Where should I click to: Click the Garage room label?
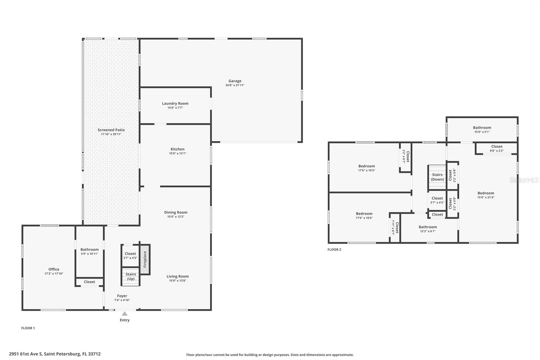tap(235, 81)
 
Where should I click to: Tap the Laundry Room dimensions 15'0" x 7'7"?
tap(175, 108)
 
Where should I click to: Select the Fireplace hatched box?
tap(145, 259)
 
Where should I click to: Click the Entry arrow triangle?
tap(125, 314)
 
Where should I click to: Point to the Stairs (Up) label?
tap(131, 276)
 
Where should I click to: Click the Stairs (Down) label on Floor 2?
tap(437, 177)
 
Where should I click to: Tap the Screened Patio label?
tap(111, 130)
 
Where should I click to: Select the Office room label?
tap(54, 269)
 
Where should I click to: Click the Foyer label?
tap(122, 296)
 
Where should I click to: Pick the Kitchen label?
tap(178, 149)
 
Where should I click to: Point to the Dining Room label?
tap(175, 212)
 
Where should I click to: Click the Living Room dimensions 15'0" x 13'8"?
tap(178, 281)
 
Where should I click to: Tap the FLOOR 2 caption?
tap(334, 250)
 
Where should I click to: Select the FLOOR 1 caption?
tap(28, 328)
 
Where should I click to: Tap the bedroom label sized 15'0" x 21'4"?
tap(486, 193)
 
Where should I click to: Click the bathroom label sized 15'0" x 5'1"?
tap(482, 128)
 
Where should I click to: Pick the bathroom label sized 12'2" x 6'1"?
tap(428, 227)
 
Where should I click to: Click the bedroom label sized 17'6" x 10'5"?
tap(367, 166)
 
